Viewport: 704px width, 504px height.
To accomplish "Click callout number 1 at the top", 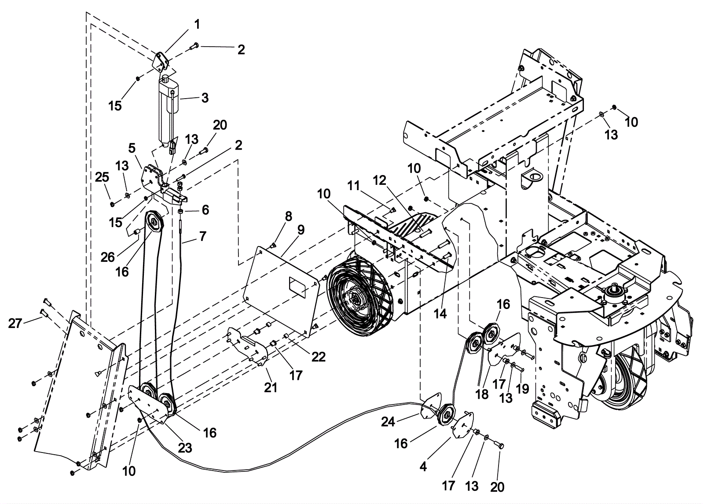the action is (197, 25).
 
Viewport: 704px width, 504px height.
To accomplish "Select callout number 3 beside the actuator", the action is (205, 98).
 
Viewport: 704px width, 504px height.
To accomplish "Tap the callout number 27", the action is (15, 323).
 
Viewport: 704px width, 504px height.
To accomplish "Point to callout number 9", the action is (301, 230).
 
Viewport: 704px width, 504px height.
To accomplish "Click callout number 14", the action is (440, 313).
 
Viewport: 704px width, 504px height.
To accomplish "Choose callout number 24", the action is (388, 422).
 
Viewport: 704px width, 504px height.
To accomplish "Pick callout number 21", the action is (271, 388).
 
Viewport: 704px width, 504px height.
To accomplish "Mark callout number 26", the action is (107, 258).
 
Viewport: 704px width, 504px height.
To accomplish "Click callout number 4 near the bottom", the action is (423, 467).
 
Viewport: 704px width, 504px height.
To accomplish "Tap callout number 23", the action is (185, 448).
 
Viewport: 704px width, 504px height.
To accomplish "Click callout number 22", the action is (319, 357).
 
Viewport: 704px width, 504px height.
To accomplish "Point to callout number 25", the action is (102, 177).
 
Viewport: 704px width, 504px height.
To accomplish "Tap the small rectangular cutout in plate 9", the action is (297, 287).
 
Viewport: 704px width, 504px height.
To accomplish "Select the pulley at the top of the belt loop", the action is (154, 222).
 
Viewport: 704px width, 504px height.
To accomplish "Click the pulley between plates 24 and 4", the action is (447, 416).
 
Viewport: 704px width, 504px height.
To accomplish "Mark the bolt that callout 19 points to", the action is (519, 369).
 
